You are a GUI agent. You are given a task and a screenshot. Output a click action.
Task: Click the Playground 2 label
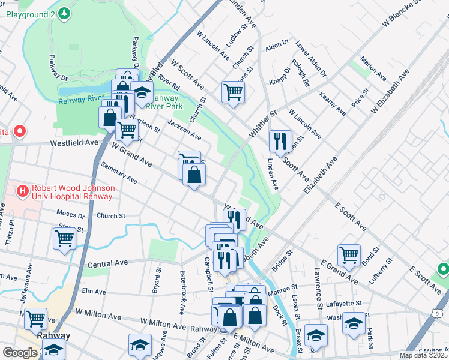[x=32, y=13]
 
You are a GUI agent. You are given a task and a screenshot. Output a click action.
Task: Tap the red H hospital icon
[x=23, y=191]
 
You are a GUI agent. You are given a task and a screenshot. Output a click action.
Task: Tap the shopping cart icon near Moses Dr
[x=64, y=238]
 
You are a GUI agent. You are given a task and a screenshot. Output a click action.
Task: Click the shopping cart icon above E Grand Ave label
[x=349, y=254]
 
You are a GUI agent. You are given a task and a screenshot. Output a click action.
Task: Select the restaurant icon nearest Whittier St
[x=280, y=142]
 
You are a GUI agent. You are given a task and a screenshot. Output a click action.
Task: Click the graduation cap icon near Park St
[x=354, y=323]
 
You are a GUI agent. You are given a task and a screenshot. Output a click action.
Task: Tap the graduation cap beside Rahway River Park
[x=142, y=92]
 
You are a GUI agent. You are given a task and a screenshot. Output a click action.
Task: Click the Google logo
[x=20, y=353]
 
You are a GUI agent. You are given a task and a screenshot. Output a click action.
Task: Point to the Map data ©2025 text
[x=423, y=355]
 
